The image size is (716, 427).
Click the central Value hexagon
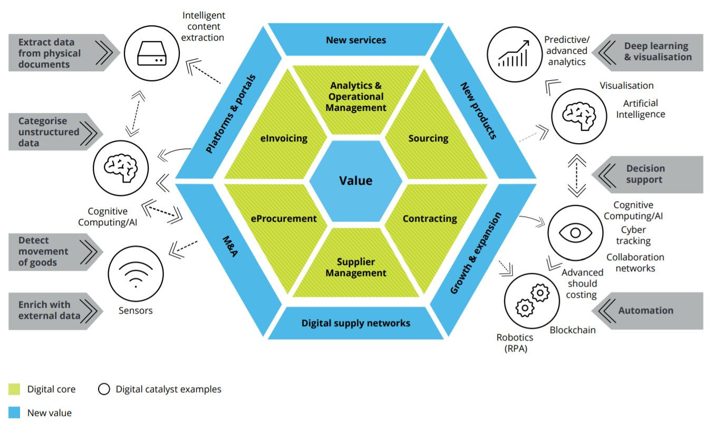(x=355, y=181)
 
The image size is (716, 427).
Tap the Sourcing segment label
(x=428, y=138)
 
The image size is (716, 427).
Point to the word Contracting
(x=430, y=219)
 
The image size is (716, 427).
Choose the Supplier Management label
(x=356, y=268)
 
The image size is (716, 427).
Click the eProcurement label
(x=283, y=219)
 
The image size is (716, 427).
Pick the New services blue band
(x=356, y=40)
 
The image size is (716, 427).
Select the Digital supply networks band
(x=356, y=323)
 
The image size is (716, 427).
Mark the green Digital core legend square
(x=14, y=390)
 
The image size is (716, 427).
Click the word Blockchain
(x=573, y=330)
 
